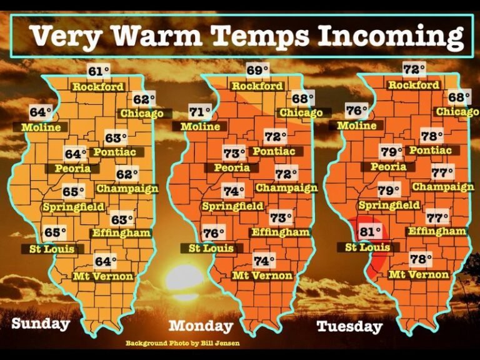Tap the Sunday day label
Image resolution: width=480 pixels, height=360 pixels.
point(41,323)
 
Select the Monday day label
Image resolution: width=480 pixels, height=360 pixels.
point(201,326)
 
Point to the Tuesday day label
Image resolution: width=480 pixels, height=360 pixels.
point(349,326)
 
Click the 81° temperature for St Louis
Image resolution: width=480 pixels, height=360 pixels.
point(371,232)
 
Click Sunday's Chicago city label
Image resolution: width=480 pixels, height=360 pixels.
point(141,113)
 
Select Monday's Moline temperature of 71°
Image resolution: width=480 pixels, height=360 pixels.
point(200,112)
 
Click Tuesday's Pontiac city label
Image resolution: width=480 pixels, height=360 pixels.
point(430,151)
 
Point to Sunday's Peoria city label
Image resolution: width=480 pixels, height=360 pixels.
point(72,168)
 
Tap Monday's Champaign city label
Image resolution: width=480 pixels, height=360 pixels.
point(286,187)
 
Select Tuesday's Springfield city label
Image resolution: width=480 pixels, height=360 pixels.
point(389,205)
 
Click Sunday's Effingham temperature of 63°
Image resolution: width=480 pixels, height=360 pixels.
point(122,219)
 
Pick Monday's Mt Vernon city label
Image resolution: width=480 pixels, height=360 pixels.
point(262,276)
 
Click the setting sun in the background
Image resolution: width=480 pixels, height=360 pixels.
point(184,278)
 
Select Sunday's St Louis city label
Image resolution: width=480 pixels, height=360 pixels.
point(52,249)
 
